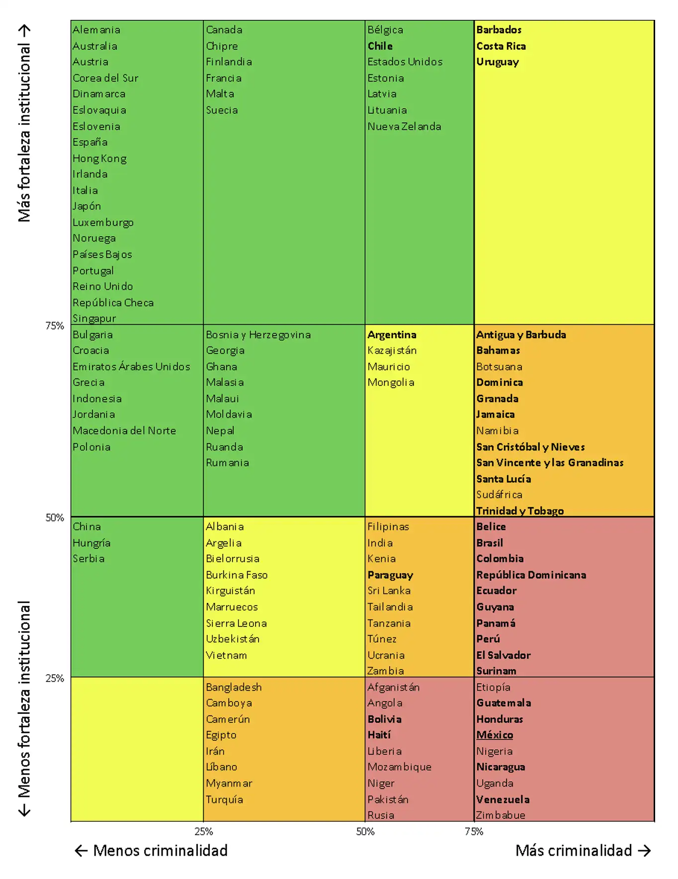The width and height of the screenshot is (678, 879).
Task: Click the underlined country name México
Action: (495, 735)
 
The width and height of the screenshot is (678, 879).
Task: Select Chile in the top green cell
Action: (380, 46)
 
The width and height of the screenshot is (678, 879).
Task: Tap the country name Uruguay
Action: (497, 62)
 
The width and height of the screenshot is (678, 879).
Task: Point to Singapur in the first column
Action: (94, 318)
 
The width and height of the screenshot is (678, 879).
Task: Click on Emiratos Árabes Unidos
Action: (131, 367)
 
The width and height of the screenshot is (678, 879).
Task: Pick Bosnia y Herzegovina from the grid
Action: (258, 335)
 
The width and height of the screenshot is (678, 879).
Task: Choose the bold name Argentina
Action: (392, 335)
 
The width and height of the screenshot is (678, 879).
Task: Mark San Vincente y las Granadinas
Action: (549, 463)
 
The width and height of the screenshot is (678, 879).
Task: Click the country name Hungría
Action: (91, 543)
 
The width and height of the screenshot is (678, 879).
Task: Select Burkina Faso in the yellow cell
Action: (237, 575)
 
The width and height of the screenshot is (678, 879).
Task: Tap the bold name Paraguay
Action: (390, 575)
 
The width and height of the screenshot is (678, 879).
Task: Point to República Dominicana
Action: (531, 575)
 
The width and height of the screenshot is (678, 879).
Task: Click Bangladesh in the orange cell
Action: (234, 687)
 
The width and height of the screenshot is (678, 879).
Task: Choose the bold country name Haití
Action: (379, 735)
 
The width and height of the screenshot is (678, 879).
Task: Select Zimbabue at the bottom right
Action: (500, 815)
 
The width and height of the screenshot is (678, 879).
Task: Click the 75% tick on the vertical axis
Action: (55, 326)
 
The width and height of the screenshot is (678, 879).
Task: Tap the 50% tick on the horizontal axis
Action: (365, 831)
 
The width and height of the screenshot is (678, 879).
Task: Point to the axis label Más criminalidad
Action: (573, 851)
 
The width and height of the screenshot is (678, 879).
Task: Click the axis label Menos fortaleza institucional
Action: (24, 699)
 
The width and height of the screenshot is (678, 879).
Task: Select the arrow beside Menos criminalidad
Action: (81, 851)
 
